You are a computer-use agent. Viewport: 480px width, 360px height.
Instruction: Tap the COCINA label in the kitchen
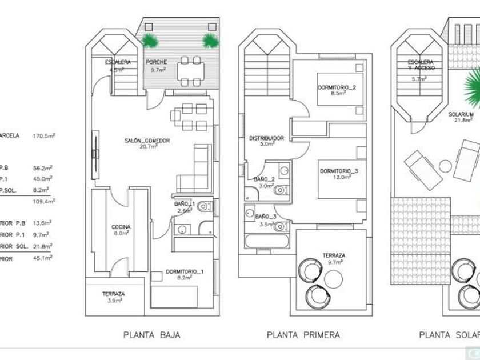[x=121, y=227]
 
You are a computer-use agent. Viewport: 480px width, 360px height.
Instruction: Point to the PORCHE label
[x=155, y=62]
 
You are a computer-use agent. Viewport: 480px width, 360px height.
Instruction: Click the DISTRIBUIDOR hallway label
[x=267, y=138]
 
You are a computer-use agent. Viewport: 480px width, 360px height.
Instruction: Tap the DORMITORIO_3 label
[x=339, y=171]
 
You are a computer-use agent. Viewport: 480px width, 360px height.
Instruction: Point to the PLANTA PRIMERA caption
[x=303, y=335]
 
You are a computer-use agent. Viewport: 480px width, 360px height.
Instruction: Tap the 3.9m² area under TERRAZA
[x=114, y=301]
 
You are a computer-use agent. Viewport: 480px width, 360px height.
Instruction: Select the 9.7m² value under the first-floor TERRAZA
[x=335, y=262]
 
